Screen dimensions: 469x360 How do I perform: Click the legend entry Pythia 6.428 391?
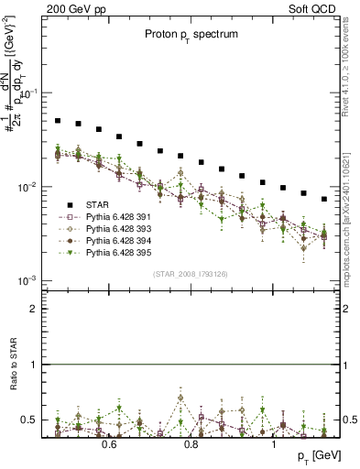point(124,217)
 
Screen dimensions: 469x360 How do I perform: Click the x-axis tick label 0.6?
point(109,444)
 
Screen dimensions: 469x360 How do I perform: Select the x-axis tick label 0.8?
point(192,444)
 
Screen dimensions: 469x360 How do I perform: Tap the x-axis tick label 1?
point(275,444)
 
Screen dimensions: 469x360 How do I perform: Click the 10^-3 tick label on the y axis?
point(28,279)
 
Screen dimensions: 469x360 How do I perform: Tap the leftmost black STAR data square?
point(58,120)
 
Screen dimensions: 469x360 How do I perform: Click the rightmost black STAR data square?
point(323,199)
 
